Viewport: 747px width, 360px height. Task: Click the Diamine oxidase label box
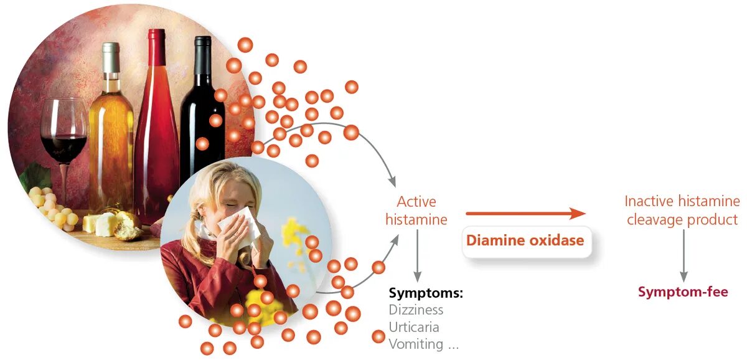[x=525, y=240]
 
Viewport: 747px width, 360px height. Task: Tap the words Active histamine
[x=416, y=211]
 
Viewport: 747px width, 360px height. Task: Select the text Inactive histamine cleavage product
[x=682, y=211]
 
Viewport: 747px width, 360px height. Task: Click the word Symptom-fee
[x=683, y=292]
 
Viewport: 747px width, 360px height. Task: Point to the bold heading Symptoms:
[x=426, y=293]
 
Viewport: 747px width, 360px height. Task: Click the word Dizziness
[x=416, y=310]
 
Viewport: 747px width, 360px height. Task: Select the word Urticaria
[x=414, y=327]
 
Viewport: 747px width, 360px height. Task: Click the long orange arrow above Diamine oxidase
[x=525, y=214]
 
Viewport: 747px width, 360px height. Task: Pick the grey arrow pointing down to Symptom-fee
[x=684, y=255]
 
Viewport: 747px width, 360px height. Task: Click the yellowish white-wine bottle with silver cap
[x=111, y=137]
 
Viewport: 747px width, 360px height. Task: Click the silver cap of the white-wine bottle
[x=111, y=56]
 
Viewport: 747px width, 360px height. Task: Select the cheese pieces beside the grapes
[x=100, y=224]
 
